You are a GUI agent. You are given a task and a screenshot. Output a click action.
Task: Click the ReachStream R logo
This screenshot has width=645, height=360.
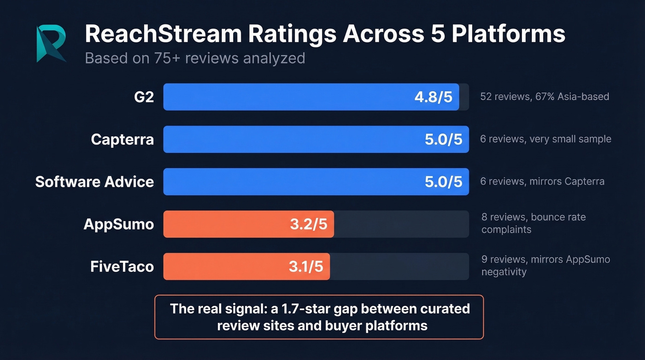coord(51,44)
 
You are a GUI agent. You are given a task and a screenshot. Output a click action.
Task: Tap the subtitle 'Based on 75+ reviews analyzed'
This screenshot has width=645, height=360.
coord(195,59)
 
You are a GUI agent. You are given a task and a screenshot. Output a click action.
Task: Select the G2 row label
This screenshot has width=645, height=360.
coord(143,97)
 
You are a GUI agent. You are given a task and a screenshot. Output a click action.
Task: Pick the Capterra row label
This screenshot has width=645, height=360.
coord(122,139)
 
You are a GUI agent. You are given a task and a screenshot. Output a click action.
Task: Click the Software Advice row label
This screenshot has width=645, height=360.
coord(94,182)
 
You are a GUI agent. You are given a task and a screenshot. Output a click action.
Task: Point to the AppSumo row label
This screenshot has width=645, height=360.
coord(118,224)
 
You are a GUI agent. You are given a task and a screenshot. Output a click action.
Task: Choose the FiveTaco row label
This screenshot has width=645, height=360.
coord(122,266)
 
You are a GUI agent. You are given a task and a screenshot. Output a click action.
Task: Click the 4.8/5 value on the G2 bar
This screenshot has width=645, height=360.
coord(433,97)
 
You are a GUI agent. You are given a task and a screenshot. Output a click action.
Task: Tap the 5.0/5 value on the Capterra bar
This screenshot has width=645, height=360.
coord(443,140)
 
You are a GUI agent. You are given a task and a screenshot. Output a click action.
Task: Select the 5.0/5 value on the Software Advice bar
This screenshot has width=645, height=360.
coord(443,182)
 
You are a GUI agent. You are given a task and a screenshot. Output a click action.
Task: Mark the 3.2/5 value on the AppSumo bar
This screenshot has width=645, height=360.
coord(308,224)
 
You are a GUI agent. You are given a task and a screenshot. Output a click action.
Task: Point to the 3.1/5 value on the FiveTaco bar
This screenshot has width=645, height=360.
coord(306,267)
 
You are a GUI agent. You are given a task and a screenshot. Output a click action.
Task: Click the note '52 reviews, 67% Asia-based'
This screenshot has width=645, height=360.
coord(545,97)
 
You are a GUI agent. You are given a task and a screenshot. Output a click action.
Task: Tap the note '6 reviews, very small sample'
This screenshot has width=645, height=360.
coord(545,139)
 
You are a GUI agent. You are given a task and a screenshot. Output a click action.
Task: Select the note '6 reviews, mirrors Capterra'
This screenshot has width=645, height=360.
coord(542,182)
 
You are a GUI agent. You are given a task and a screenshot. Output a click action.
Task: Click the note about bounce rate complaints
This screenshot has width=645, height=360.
coord(533,223)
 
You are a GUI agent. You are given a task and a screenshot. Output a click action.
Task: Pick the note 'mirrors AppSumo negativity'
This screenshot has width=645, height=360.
coord(545,266)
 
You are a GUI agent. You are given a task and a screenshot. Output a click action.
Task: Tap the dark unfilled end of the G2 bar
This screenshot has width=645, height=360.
coord(464,97)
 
